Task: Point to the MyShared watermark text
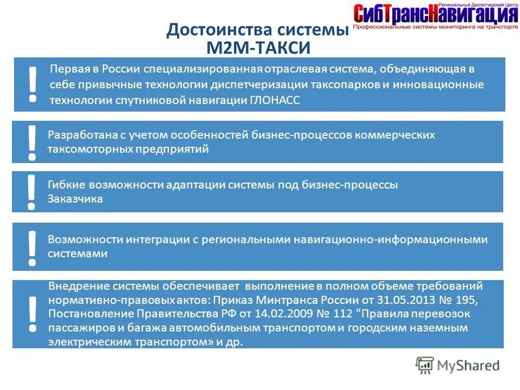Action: [469, 366]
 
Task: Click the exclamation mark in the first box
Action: [33, 84]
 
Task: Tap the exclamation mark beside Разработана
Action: [32, 142]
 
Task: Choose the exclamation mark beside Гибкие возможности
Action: [32, 192]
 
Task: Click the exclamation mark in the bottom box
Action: [32, 314]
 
